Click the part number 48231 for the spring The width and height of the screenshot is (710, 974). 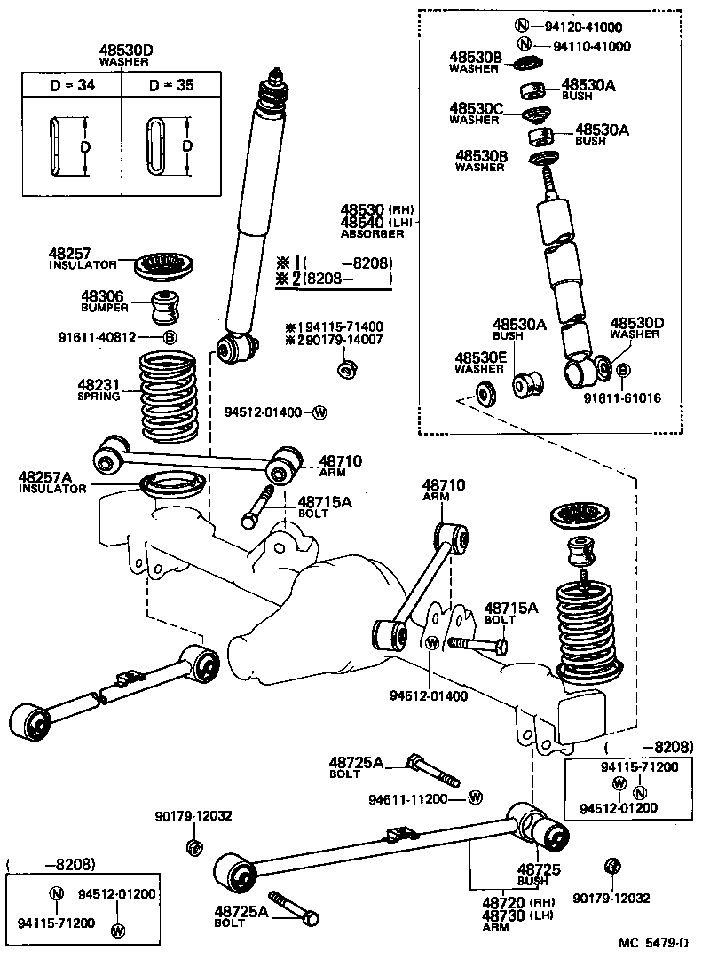[98, 384]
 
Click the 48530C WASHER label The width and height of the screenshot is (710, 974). [475, 113]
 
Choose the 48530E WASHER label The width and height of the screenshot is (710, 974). [479, 362]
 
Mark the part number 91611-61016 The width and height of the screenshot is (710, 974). [621, 398]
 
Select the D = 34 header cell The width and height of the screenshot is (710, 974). [71, 88]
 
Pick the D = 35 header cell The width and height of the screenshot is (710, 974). [170, 88]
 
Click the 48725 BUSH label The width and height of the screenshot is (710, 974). [539, 875]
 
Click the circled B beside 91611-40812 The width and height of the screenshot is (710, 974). [169, 338]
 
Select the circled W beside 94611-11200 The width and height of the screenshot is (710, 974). [474, 798]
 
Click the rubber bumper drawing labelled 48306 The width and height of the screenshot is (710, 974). [165, 306]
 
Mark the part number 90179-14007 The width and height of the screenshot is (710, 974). [346, 340]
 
